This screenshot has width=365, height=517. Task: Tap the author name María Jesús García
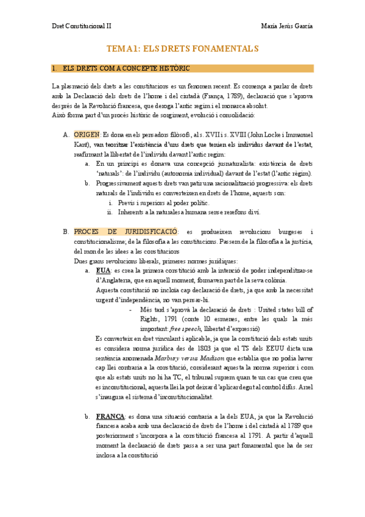pyautogui.click(x=286, y=26)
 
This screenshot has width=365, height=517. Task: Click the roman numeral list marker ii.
pyautogui.click(x=110, y=212)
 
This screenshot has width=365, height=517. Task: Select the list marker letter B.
pyautogui.click(x=65, y=232)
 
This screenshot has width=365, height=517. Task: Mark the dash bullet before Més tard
pyautogui.click(x=131, y=309)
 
